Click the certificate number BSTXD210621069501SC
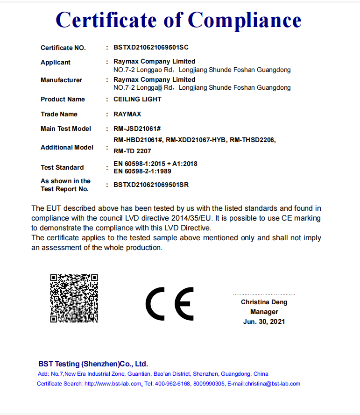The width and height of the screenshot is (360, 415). point(151,48)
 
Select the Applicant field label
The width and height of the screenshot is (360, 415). point(56,62)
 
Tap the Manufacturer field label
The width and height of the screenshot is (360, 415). point(61,80)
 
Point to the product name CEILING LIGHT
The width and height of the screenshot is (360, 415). point(137,99)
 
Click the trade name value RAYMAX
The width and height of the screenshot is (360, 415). point(127,114)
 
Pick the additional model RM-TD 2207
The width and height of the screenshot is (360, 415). point(132,151)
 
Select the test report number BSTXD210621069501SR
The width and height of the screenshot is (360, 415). point(151,185)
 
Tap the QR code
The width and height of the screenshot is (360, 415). point(74,298)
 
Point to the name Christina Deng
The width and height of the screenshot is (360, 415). point(264,302)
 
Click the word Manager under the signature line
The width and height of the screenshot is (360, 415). point(264,312)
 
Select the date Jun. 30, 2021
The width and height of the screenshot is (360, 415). point(264,322)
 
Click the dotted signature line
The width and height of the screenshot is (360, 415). point(264,294)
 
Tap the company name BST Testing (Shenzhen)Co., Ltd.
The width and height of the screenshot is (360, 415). point(93,364)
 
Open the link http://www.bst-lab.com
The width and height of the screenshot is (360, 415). point(113,384)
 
